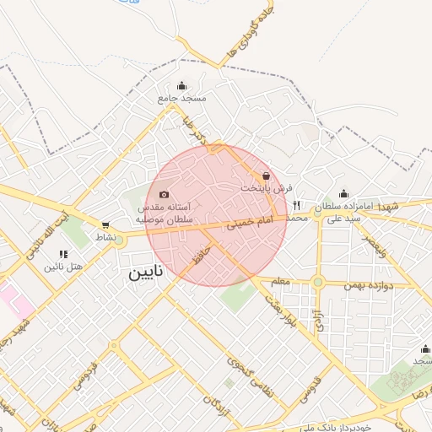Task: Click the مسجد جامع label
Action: (x=181, y=98)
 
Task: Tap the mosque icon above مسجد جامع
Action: (x=181, y=85)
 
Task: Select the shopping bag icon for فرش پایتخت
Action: (x=267, y=175)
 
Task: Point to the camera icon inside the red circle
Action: (x=164, y=195)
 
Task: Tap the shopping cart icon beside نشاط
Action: (x=105, y=225)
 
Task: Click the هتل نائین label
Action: (x=65, y=267)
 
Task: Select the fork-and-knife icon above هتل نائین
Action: (x=63, y=253)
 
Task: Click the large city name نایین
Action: (x=148, y=274)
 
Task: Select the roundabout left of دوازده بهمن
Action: (x=318, y=283)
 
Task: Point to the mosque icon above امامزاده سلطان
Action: (x=343, y=193)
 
